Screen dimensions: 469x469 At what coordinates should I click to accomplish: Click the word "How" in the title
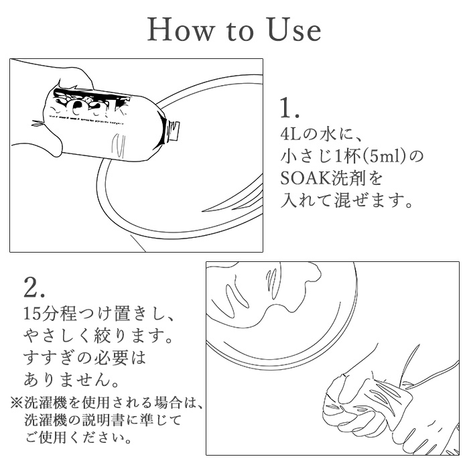182,29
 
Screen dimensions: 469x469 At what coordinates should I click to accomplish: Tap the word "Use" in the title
294,29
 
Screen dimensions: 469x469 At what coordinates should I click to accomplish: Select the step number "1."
289,108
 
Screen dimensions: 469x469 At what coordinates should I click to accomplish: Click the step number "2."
34,288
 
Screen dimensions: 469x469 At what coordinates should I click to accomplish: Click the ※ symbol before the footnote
17,403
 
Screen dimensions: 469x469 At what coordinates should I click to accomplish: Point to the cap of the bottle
174,131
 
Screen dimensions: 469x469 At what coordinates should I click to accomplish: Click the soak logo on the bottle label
90,105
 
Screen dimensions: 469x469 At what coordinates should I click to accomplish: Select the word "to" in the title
241,31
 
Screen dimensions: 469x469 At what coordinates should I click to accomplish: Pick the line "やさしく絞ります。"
98,336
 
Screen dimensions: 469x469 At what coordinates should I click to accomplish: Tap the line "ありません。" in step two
71,379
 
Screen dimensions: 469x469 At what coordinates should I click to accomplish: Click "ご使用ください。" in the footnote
78,438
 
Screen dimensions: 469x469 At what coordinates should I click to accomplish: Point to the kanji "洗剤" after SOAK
345,178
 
